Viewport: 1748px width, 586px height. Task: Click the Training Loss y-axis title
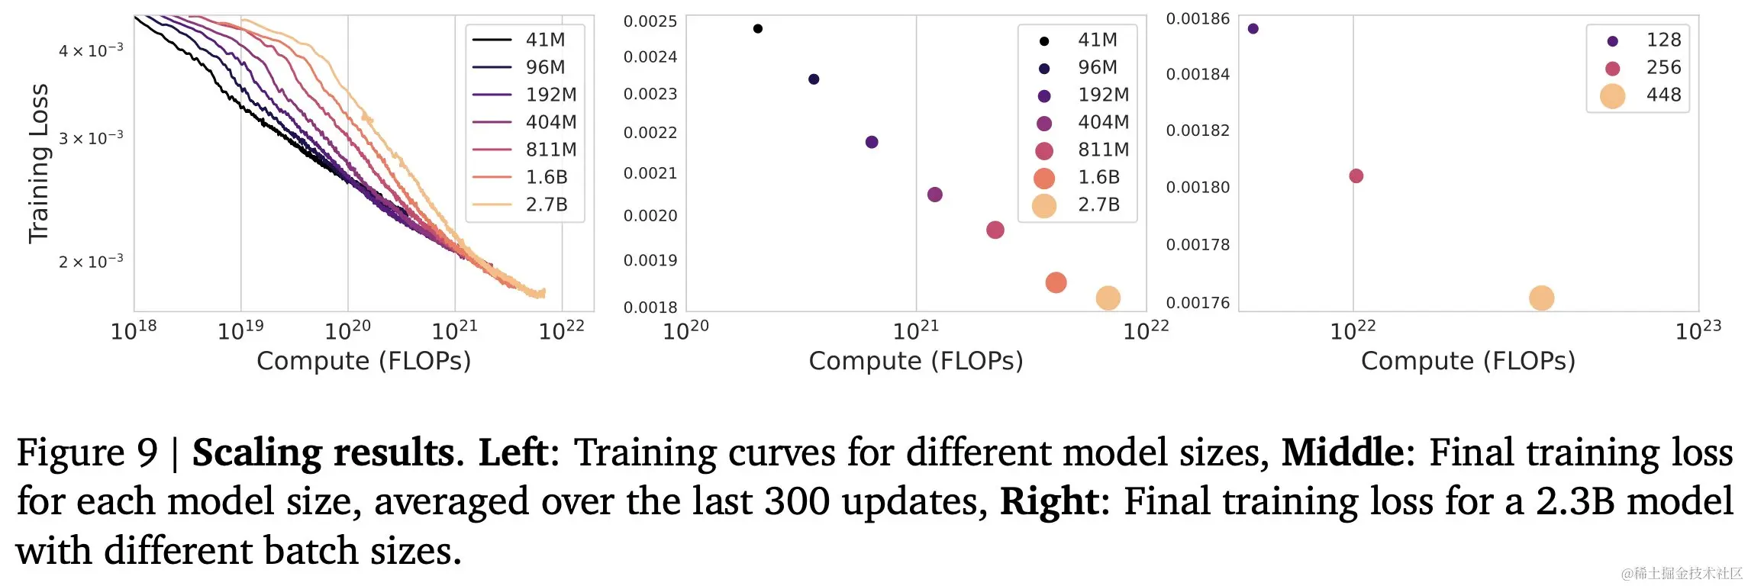tap(38, 163)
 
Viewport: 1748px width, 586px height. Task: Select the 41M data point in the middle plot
tap(757, 29)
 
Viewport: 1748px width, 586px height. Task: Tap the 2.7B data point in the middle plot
tap(1108, 298)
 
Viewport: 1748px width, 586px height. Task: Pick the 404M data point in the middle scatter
tap(934, 195)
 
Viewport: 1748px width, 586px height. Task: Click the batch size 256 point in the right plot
tap(1356, 176)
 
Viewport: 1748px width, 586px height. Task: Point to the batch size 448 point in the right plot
tap(1541, 298)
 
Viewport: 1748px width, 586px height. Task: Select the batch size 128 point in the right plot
tap(1253, 29)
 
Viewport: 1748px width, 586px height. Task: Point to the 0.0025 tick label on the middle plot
tap(650, 21)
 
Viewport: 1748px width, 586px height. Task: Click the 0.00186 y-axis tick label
tap(1198, 19)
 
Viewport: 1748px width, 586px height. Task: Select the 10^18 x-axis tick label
tap(134, 330)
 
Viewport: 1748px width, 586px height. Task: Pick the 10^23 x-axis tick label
tap(1698, 330)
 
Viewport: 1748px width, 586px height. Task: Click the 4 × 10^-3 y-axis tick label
tap(91, 50)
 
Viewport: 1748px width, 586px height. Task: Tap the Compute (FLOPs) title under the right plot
tap(1468, 361)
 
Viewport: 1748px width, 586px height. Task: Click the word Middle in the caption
tap(1341, 452)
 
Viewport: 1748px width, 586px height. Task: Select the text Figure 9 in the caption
tap(86, 452)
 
